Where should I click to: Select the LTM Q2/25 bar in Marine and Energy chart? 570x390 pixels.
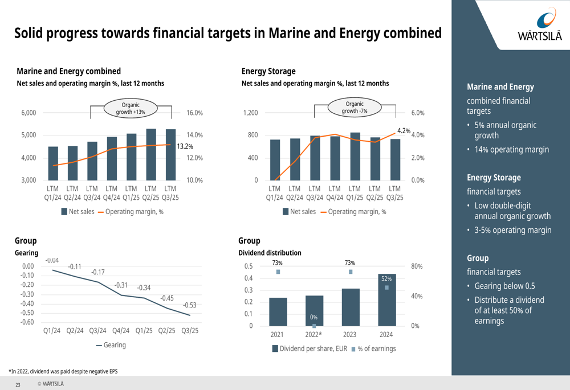point(151,154)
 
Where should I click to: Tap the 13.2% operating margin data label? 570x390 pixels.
point(185,146)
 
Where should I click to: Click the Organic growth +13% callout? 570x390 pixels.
point(131,108)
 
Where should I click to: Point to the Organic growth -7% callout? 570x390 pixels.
point(354,108)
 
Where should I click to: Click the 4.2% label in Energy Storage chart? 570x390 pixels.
point(404,131)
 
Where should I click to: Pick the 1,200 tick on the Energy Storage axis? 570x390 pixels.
point(250,113)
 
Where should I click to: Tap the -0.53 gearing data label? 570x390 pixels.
point(189,305)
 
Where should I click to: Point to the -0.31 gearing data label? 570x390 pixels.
point(121,285)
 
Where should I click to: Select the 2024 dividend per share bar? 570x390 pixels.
point(386,299)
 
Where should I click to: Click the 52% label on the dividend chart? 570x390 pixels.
point(386,279)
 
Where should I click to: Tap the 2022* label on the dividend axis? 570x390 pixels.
point(313,335)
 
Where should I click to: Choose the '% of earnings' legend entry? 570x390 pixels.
point(373,348)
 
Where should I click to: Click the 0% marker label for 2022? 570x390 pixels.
point(313,317)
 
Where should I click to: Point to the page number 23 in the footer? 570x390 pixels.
point(18,385)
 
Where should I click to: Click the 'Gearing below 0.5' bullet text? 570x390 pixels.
point(504,286)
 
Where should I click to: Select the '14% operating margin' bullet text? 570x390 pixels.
point(512,150)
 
